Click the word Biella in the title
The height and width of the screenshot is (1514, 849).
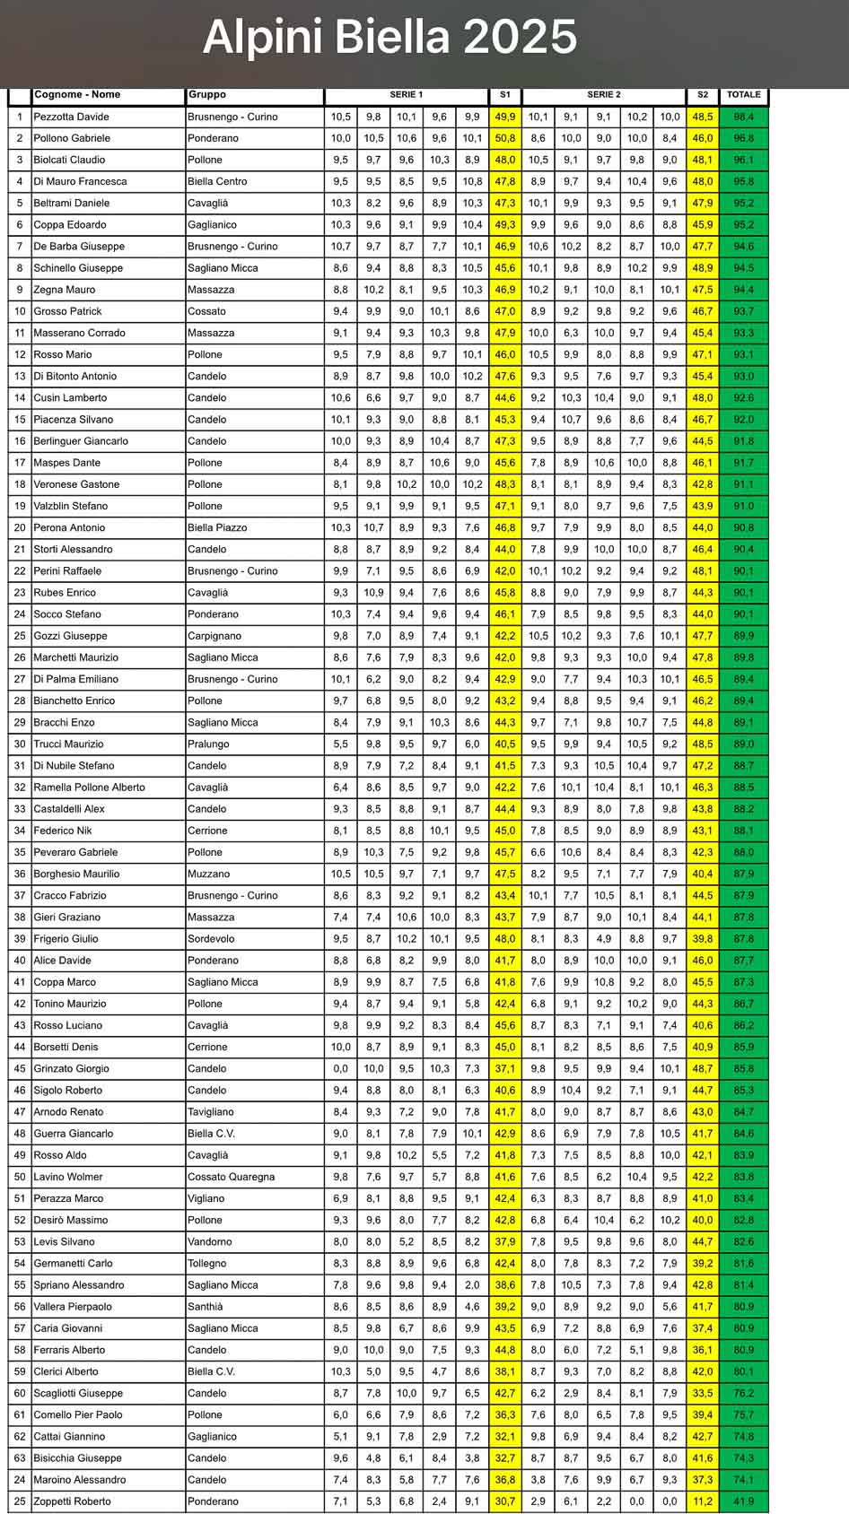point(392,38)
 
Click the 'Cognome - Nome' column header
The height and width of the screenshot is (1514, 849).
point(77,95)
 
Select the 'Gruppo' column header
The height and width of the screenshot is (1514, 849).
point(207,95)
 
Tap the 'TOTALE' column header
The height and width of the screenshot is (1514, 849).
point(743,95)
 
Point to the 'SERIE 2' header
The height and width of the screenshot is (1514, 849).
point(603,95)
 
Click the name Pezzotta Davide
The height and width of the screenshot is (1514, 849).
point(71,117)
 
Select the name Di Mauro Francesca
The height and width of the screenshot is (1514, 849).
point(80,181)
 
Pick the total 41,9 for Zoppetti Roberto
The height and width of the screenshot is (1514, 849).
point(743,1501)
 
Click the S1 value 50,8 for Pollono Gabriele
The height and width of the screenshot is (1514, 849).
point(505,138)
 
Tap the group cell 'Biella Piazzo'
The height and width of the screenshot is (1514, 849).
point(217,527)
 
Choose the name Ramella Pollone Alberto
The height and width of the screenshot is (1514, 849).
point(89,787)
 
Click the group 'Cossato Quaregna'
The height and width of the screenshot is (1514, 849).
point(231,1177)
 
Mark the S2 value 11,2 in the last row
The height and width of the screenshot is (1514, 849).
point(702,1501)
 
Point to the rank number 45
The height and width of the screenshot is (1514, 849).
point(20,1069)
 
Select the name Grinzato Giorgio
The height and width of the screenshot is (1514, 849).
point(71,1069)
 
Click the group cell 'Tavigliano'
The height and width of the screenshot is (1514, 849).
point(211,1112)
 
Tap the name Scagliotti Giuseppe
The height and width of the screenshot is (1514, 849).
point(78,1393)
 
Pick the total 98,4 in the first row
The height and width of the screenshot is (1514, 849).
point(743,117)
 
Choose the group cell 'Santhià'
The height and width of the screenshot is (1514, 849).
point(206,1307)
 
